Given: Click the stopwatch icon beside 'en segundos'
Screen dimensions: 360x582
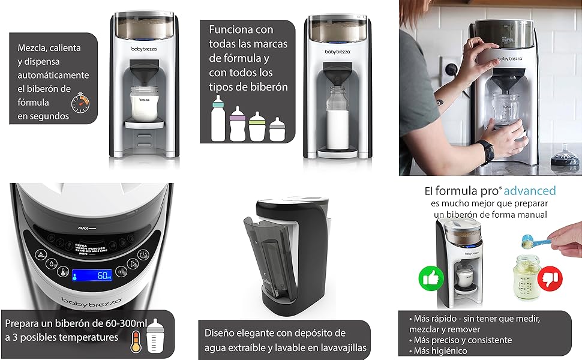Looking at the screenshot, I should point(80,103).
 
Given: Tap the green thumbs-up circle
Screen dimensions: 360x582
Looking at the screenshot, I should point(431,278).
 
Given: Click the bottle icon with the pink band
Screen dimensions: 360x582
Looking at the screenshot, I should point(237,123).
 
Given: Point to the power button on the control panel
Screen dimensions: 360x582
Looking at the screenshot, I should point(143,254).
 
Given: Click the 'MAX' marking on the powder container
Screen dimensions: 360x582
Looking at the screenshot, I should point(83,229).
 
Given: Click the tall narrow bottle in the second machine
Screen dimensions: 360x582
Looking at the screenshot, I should point(333,119).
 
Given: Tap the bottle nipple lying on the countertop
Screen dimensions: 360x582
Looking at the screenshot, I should point(565,161).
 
